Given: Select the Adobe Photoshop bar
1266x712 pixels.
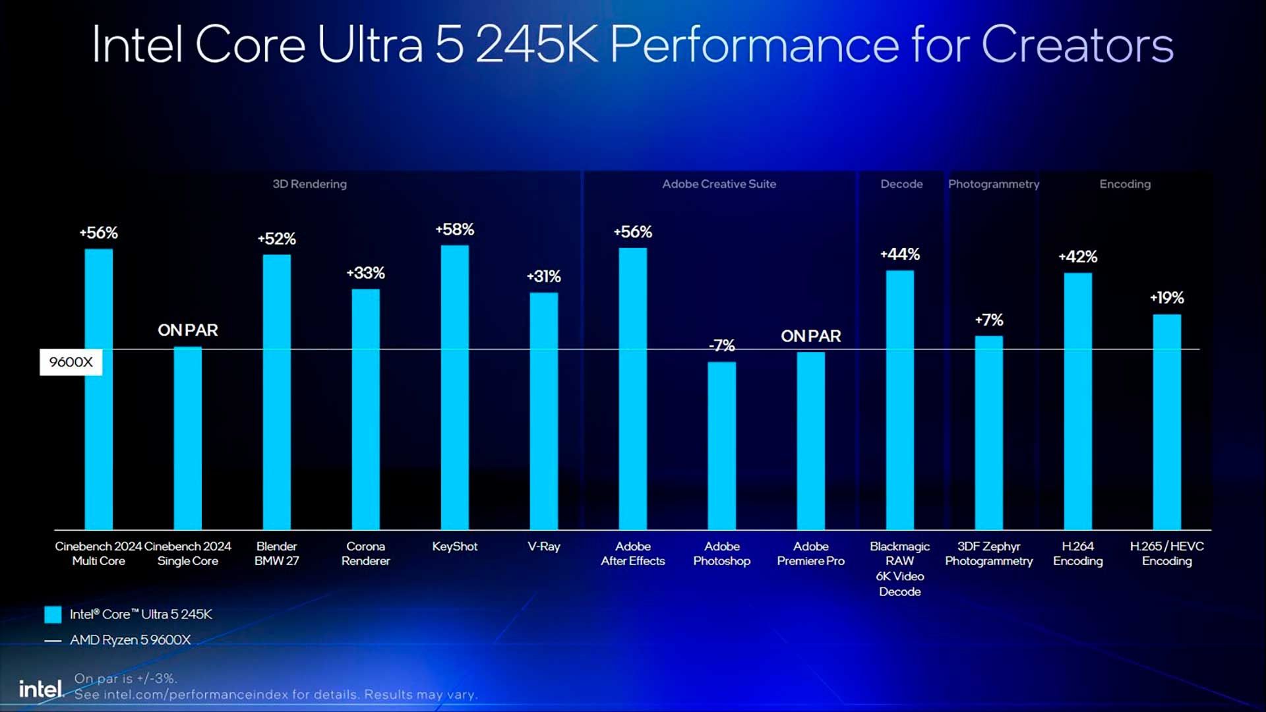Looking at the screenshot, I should tap(721, 446).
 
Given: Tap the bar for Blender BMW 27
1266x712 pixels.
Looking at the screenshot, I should tap(276, 392).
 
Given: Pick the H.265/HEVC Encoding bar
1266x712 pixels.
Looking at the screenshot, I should tap(1166, 422).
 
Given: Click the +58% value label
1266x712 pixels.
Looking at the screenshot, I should tap(454, 229).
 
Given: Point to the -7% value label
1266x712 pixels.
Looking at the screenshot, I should tap(721, 345).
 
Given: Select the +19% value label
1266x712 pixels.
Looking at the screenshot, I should tap(1166, 298).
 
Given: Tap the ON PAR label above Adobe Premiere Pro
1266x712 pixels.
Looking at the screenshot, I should tap(810, 336).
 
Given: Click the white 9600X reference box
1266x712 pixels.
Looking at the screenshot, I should tap(71, 362).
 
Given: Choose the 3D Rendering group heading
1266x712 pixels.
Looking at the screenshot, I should tap(309, 184).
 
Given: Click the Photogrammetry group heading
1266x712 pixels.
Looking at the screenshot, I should tap(993, 184).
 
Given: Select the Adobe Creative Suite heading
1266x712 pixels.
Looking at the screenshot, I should tap(719, 184).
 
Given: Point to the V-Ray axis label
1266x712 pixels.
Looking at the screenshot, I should tap(543, 547).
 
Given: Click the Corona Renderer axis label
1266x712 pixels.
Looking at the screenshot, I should tap(365, 554).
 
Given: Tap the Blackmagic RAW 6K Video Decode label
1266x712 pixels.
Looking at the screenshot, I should tap(899, 568).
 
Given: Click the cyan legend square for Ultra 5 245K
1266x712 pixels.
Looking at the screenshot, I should tap(53, 614).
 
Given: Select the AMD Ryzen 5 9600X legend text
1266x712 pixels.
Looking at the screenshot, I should tap(130, 640).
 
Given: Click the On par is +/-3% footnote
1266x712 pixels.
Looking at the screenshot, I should tap(125, 678).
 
